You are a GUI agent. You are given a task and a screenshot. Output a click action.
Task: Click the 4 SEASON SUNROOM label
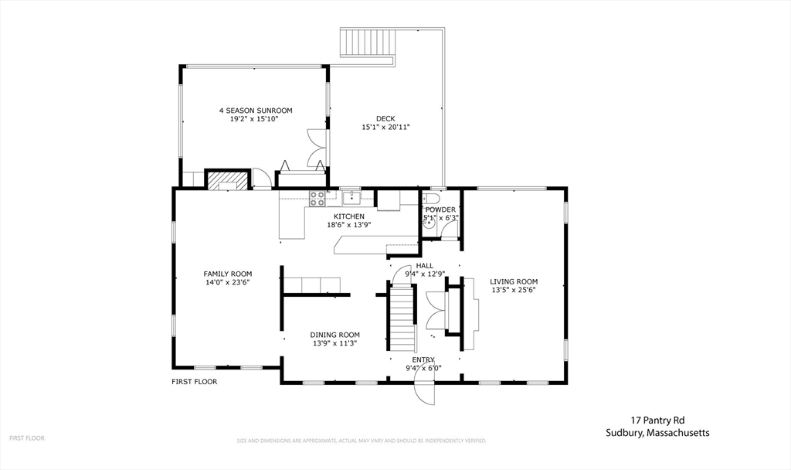tap(255, 111)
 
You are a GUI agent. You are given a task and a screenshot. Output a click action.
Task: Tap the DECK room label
tap(385, 118)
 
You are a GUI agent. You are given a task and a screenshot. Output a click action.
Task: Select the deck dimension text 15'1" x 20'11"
tap(385, 127)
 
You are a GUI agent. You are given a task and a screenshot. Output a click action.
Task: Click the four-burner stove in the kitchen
tap(317, 198)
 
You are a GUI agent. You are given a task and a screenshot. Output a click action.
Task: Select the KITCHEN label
tap(349, 216)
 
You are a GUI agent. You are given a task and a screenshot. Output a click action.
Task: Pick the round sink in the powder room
tap(428, 226)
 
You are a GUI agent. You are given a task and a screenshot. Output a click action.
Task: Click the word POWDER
tap(440, 209)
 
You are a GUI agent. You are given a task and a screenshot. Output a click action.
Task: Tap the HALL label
tap(425, 265)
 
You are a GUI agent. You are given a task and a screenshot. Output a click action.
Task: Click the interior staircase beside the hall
tap(401, 317)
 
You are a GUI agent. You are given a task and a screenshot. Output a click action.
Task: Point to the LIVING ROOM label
tap(514, 281)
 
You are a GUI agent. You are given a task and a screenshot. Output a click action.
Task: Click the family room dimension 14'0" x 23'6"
tap(228, 282)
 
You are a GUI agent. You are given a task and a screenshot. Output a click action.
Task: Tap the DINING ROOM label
tap(335, 335)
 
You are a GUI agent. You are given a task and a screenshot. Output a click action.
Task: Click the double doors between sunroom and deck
tap(317, 148)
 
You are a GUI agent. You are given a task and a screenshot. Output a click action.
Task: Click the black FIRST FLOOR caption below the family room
tap(194, 381)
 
